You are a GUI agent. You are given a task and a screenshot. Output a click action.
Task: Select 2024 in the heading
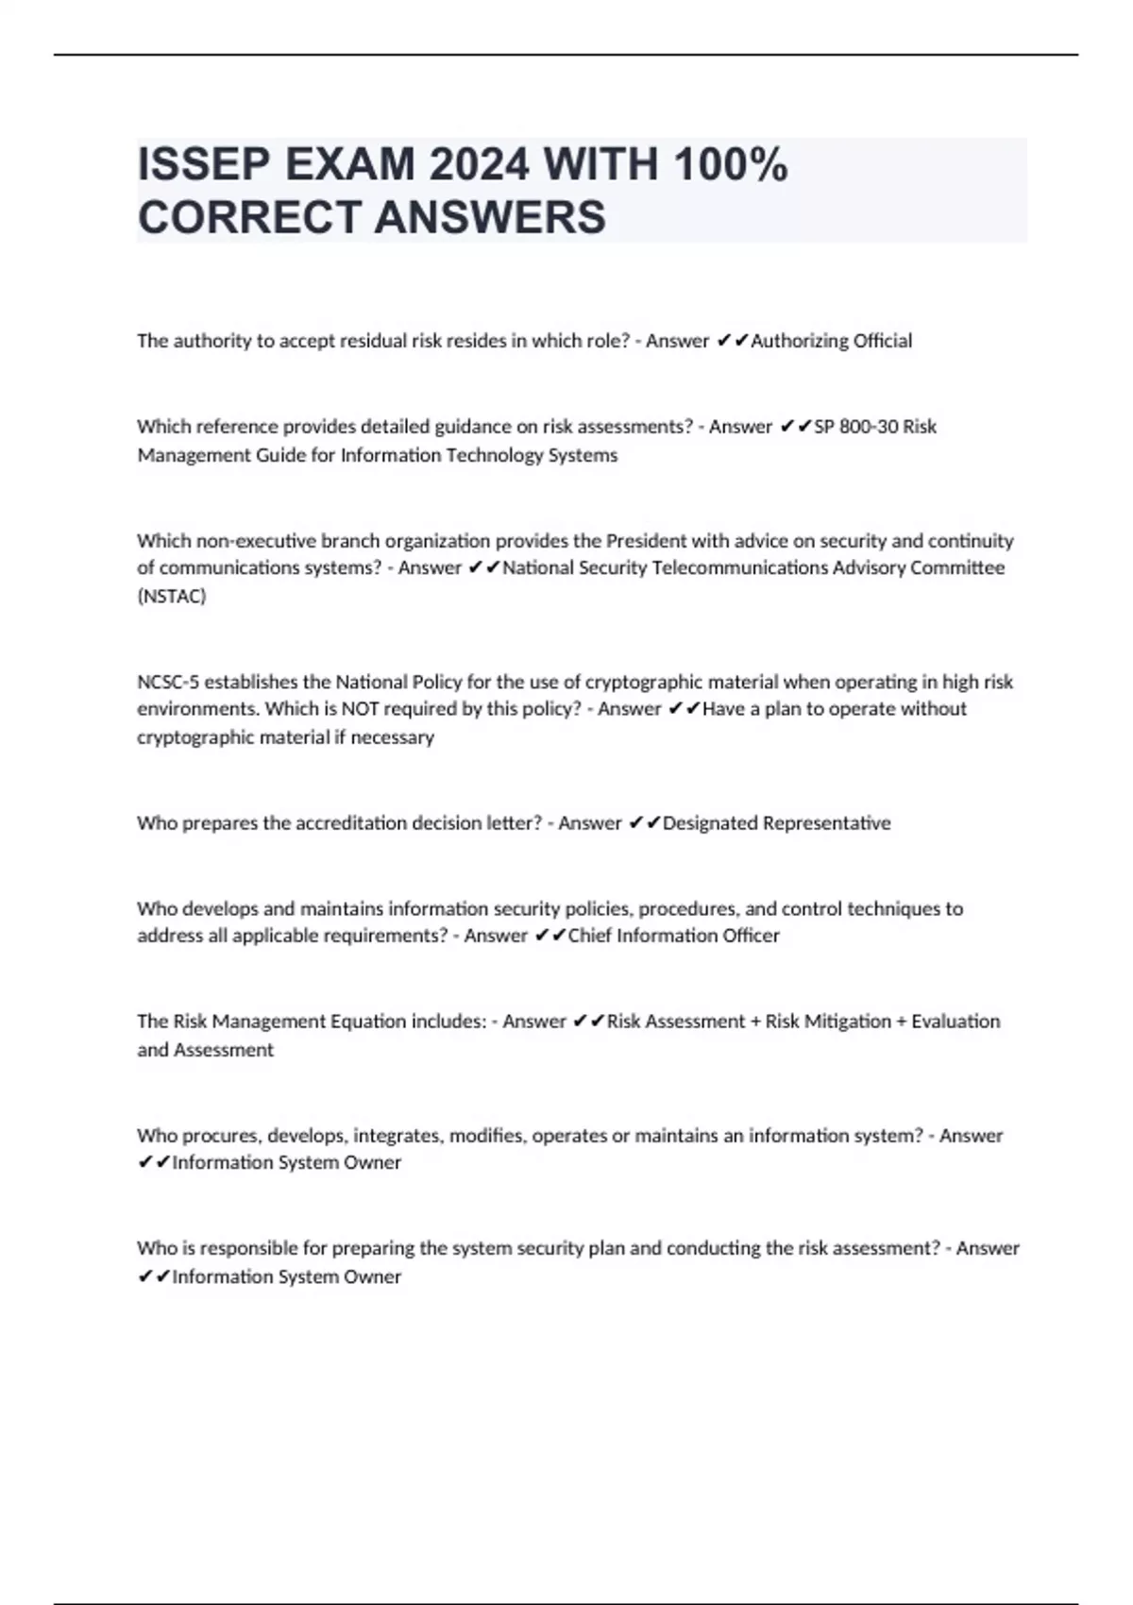[479, 165]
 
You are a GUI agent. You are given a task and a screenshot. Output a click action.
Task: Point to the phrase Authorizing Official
[831, 341]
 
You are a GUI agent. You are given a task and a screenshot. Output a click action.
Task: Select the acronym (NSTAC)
[172, 596]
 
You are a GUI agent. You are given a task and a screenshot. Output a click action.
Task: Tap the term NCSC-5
[168, 682]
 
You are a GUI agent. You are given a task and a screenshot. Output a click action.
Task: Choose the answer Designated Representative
[776, 823]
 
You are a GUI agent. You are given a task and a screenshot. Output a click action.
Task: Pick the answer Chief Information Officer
[673, 936]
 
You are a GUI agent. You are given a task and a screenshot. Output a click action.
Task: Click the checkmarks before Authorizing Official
[732, 341]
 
